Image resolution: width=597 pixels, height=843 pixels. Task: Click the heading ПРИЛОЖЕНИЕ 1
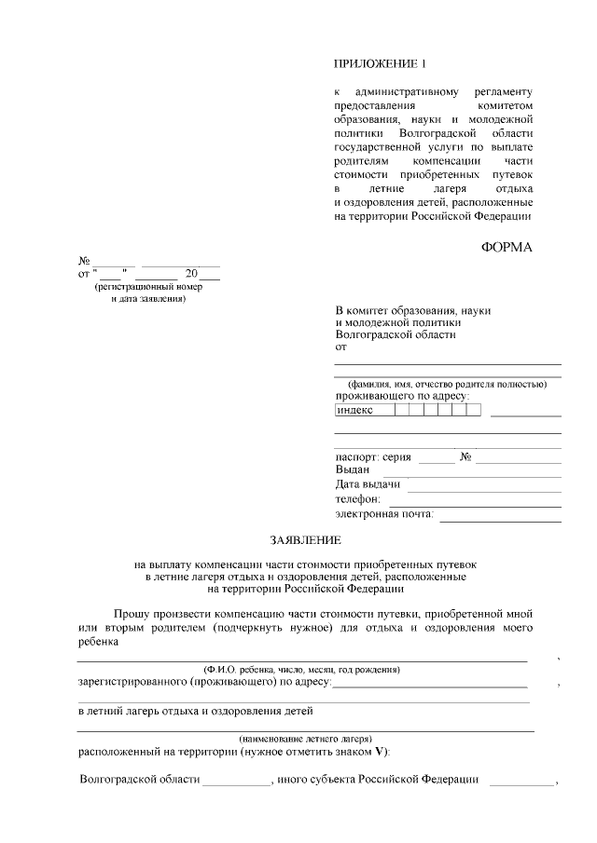coord(379,64)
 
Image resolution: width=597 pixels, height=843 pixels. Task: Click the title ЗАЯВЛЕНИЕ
coord(306,540)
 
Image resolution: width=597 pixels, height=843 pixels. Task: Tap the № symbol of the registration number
coord(84,261)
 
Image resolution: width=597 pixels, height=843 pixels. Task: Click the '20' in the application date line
coord(192,274)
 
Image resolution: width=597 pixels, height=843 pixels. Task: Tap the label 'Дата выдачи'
coord(368,484)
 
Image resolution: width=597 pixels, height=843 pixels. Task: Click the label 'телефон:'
coord(358,499)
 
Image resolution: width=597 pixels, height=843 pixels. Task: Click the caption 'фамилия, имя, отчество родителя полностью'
coord(447,384)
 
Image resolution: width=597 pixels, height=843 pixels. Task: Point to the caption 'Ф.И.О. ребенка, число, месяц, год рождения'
coord(302,669)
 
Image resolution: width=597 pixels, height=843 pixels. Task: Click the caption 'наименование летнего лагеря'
coord(305,737)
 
